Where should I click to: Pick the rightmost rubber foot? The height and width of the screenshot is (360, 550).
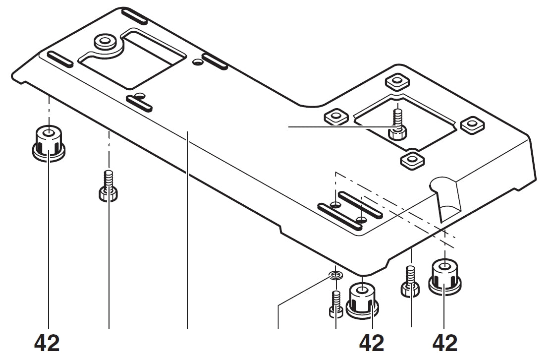(444, 276)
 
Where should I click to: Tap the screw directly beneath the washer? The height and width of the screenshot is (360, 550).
(336, 303)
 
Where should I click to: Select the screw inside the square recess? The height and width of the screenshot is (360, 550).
(398, 124)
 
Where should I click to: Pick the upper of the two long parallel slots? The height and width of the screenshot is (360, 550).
(360, 205)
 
